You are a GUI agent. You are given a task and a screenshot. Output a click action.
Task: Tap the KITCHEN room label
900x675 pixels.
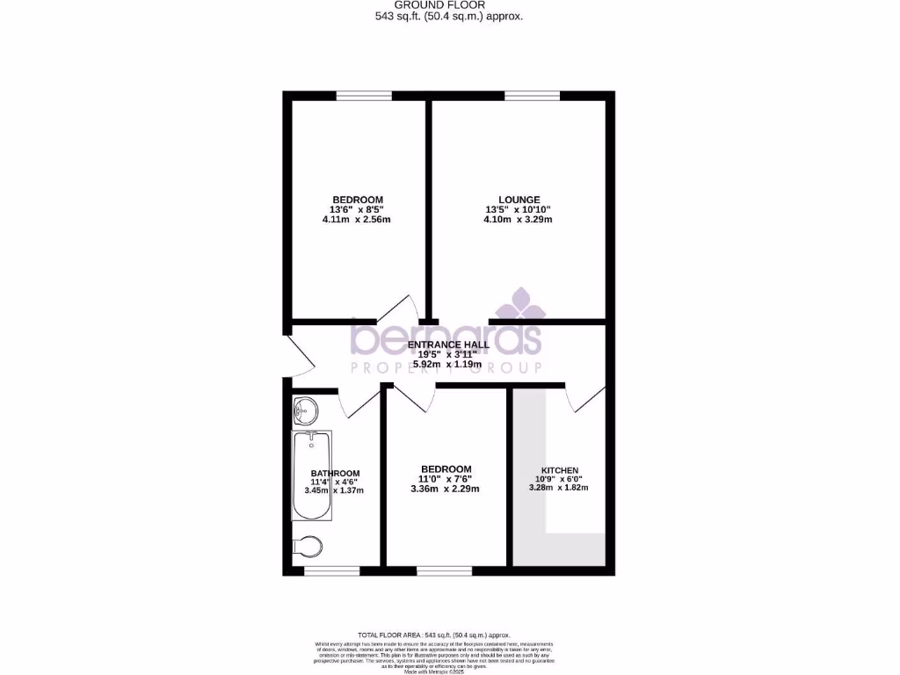tap(559, 470)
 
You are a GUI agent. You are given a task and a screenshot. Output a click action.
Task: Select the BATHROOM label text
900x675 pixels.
tap(335, 474)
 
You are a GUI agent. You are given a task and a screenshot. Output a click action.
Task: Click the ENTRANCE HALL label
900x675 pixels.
tap(454, 345)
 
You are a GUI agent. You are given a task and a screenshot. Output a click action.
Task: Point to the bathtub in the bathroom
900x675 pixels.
tap(311, 475)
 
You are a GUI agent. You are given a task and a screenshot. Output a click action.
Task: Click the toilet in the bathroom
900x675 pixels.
tap(308, 546)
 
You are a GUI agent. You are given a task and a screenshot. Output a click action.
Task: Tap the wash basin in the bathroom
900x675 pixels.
tap(305, 410)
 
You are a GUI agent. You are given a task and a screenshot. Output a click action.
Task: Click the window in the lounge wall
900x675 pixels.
tap(532, 96)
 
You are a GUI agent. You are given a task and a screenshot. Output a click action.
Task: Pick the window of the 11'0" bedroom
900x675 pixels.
tap(444, 570)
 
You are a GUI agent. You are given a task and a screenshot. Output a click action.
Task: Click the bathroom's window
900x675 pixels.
tap(332, 570)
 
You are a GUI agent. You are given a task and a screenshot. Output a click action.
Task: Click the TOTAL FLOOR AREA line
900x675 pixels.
tap(433, 635)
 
